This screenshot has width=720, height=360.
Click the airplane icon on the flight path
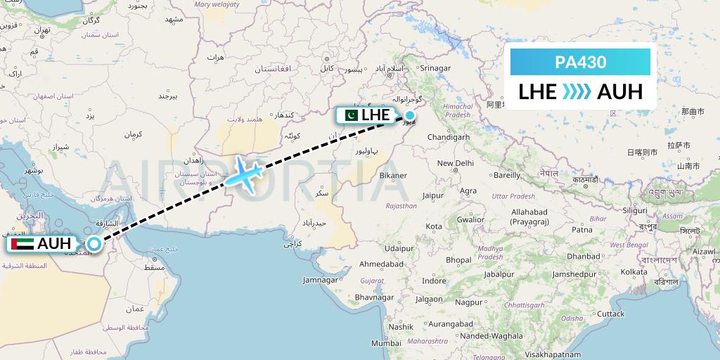coord(243,172)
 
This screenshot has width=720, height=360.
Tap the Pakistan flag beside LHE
coord(349,115)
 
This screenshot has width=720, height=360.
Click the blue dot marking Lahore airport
coord(409,115)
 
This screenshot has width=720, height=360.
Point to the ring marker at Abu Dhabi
coord(94,244)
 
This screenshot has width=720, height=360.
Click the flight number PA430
coord(580,62)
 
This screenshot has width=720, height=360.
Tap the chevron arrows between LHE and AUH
coord(577,91)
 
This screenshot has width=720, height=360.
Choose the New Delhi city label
coord(455,163)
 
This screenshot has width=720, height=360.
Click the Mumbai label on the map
coord(385,343)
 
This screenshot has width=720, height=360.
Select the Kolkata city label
coord(634,271)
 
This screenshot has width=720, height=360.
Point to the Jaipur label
coord(433,196)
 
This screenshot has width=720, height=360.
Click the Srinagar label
coord(434,68)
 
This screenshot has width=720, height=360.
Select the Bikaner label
coord(392,175)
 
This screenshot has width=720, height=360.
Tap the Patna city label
coord(582,229)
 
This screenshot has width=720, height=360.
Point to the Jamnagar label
coord(320,280)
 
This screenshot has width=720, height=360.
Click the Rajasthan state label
coord(402,207)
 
